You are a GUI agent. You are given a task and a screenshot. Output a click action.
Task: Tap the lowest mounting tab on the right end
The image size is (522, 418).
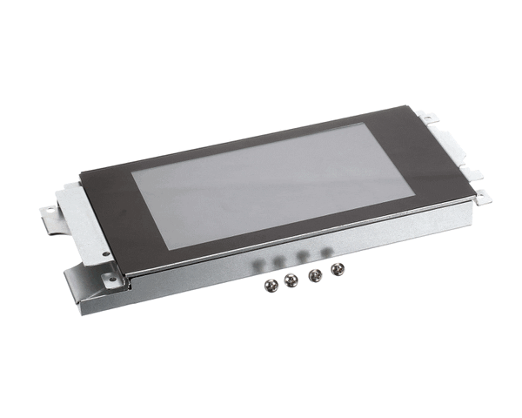pyautogui.click(x=480, y=199)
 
